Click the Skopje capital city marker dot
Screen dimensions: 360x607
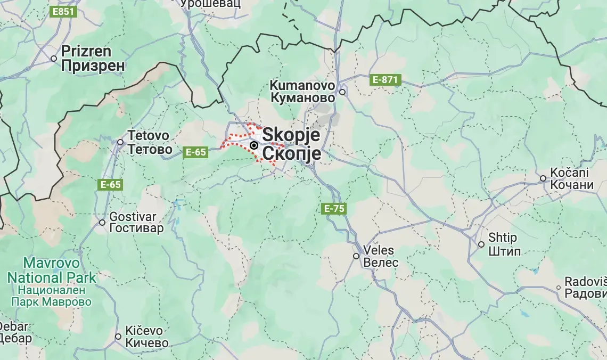(x=255, y=145)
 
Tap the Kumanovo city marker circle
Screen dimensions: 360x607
(x=343, y=92)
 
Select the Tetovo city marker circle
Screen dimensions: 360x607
(x=120, y=142)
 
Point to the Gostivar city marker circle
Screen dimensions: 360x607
(x=102, y=223)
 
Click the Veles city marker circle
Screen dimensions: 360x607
(x=356, y=256)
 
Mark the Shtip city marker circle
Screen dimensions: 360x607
(x=481, y=244)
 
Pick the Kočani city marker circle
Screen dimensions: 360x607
(x=543, y=178)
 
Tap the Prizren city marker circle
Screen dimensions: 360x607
(x=54, y=58)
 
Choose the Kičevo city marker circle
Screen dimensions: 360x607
(x=118, y=337)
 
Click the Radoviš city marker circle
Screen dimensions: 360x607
(x=559, y=288)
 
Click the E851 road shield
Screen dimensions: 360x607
(x=62, y=11)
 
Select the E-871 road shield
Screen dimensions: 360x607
(x=385, y=80)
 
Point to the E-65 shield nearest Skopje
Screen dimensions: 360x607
(x=195, y=152)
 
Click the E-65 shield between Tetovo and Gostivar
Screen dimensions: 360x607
(x=110, y=185)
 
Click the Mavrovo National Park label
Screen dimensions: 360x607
(x=52, y=270)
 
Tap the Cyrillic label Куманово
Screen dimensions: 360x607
(x=302, y=98)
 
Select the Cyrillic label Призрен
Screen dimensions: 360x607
(x=93, y=66)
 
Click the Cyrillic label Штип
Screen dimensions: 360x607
(x=505, y=251)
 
